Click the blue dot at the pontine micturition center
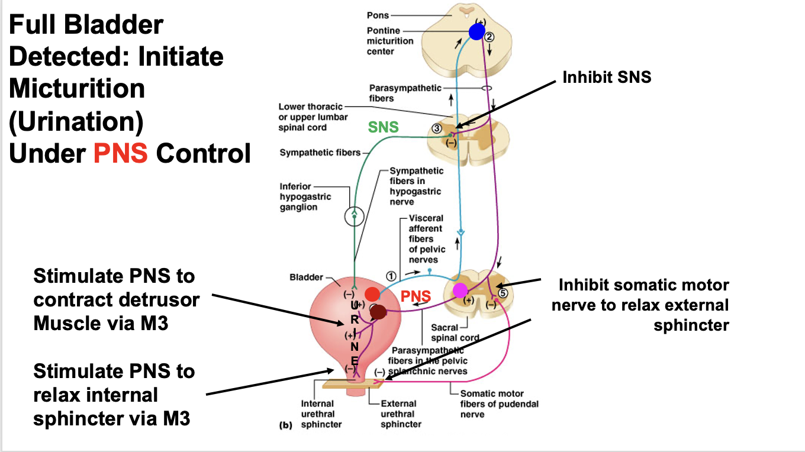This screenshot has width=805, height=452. pos(476,31)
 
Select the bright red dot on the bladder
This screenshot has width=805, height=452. pos(372,293)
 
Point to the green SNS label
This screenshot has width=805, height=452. pos(384,127)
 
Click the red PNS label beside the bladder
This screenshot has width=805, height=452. pos(416,296)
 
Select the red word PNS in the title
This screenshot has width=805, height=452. pos(121,153)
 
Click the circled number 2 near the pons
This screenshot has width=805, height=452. pos(489,37)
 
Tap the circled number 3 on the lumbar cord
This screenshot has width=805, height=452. pos(436,128)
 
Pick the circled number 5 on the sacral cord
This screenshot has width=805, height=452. pos(503,292)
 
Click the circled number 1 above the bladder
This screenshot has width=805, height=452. pos(391,275)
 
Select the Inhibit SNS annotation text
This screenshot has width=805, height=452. pos(607,77)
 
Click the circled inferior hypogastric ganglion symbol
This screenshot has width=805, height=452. pos(355,217)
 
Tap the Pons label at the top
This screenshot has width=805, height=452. pos(378,15)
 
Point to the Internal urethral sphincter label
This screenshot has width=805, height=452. pos(318,414)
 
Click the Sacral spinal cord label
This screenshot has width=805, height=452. pos(455,332)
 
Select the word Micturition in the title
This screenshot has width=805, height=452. pos(77,89)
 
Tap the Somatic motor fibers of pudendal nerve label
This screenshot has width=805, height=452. pos(499,404)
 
